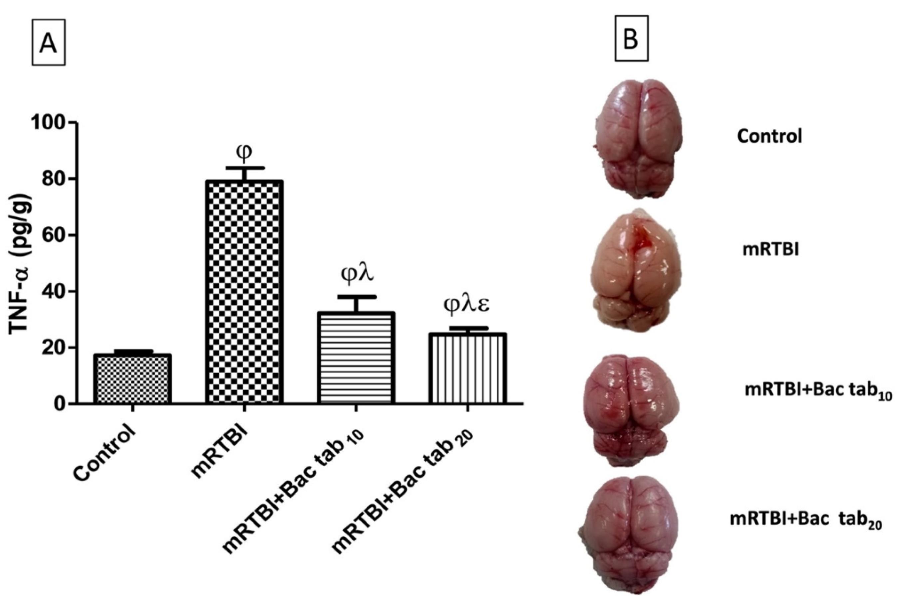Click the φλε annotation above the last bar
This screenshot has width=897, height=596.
(x=466, y=305)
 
